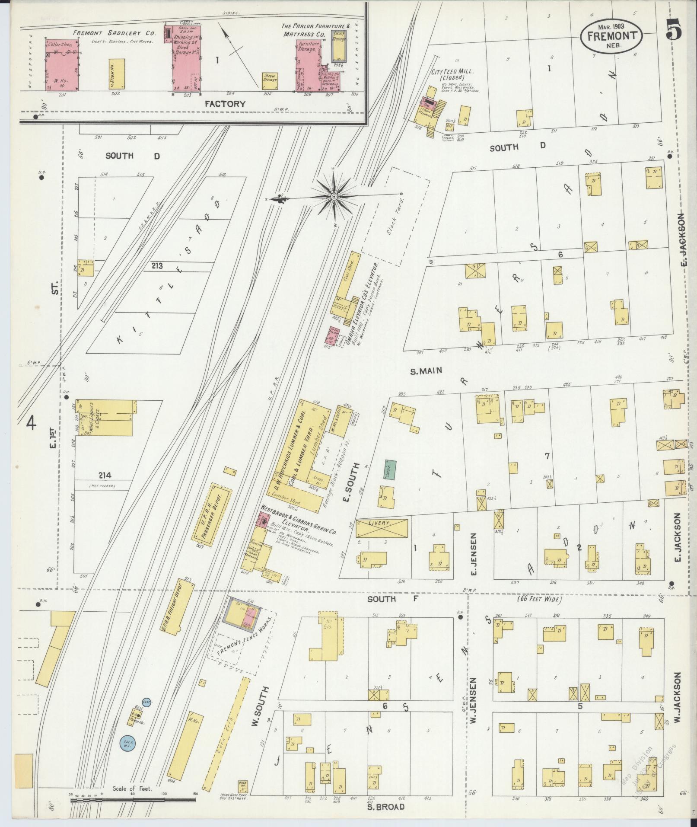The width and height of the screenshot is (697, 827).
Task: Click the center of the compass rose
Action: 334,197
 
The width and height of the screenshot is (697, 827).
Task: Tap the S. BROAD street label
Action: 385,807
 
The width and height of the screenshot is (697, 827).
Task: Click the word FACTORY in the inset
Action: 225,104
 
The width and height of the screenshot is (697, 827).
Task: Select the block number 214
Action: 105,475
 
